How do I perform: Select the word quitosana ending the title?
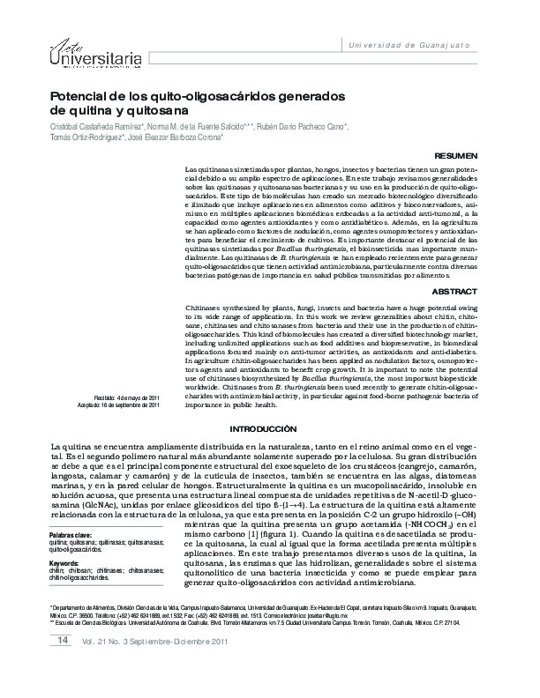pyautogui.click(x=147, y=111)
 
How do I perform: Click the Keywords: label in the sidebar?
pyautogui.click(x=65, y=561)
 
